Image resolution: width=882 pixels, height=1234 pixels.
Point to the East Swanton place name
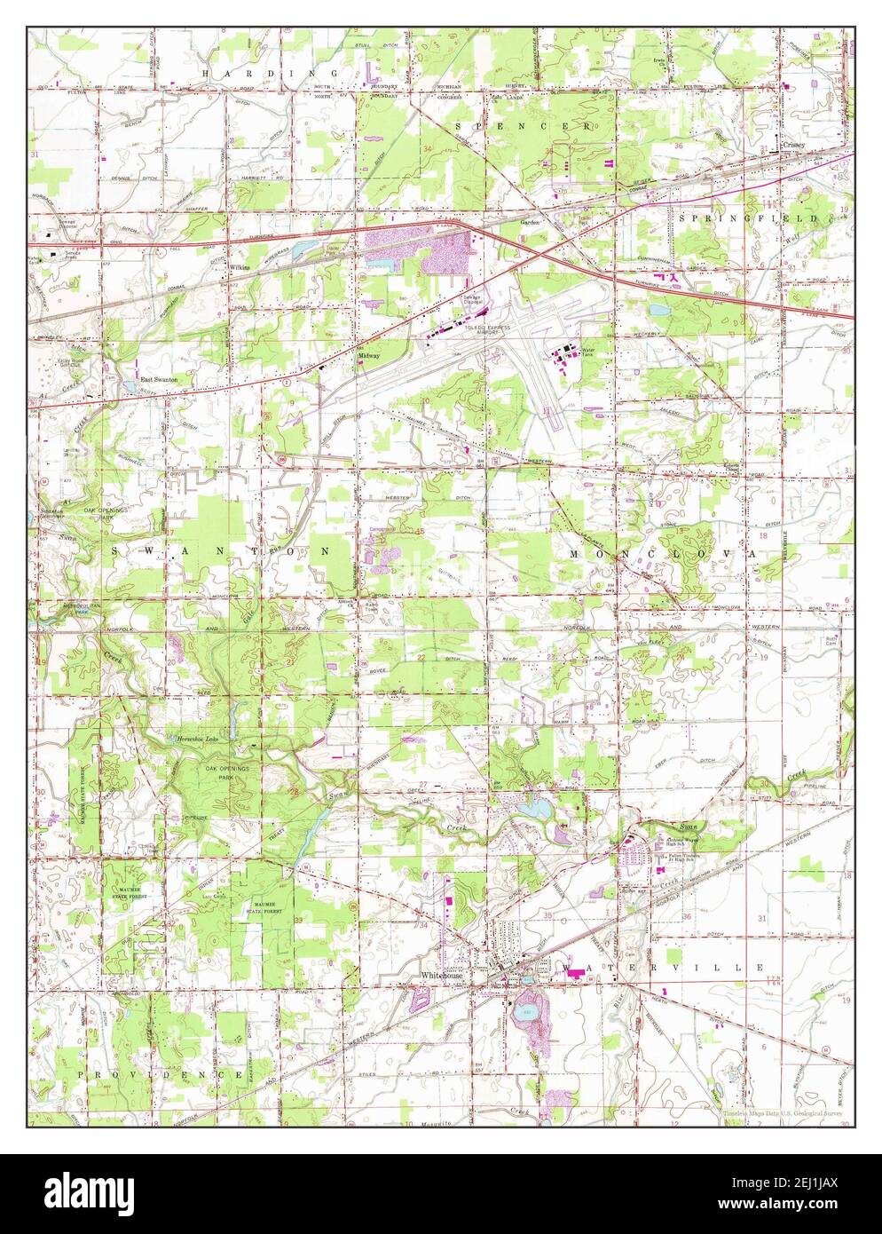[160, 379]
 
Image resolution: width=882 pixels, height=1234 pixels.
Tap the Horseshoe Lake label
[197, 738]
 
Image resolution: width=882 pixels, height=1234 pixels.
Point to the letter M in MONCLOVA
[574, 553]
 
